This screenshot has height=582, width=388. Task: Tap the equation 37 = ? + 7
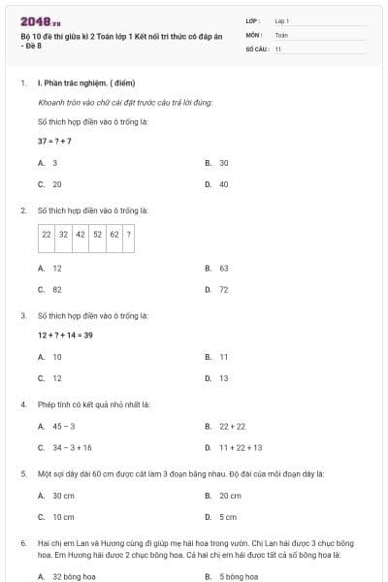54,141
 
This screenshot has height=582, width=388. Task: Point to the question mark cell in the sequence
129,235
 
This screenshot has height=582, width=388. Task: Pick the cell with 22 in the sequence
47,235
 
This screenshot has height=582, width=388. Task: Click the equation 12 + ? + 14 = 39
65,336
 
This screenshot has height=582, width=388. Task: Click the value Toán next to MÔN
281,34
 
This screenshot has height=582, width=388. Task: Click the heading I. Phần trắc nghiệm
77,83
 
